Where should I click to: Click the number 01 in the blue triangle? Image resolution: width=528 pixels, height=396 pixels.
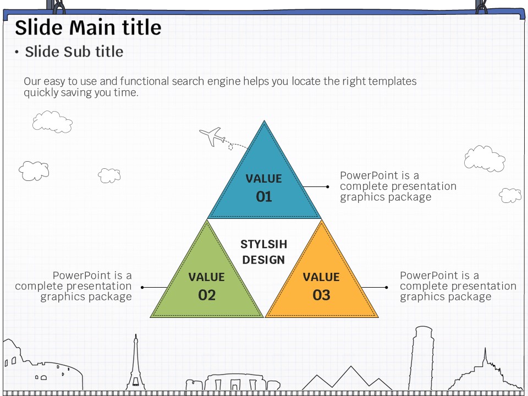[264, 197]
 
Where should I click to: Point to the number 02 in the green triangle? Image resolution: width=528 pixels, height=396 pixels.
[207, 295]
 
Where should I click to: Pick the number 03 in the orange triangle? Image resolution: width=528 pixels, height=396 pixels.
[321, 295]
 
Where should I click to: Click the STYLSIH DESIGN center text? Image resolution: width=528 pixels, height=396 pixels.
[264, 252]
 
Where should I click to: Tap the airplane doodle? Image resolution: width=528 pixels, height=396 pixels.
[212, 136]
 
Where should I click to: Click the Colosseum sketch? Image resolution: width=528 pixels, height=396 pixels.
[38, 369]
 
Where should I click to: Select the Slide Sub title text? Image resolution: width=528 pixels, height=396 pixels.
[74, 52]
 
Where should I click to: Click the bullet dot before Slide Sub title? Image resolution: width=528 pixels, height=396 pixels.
[17, 52]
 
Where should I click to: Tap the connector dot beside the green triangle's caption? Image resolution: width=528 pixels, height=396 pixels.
[142, 287]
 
